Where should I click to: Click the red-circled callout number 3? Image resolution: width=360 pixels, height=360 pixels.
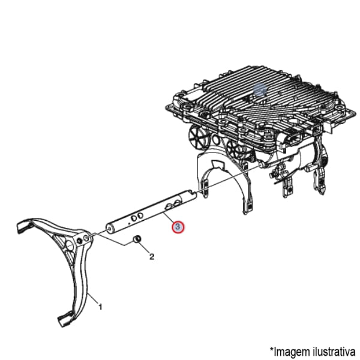178,227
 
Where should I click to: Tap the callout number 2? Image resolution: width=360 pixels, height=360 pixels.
152,257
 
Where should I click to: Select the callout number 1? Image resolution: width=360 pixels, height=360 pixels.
100,307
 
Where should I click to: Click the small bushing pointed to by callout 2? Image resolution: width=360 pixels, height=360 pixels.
137,239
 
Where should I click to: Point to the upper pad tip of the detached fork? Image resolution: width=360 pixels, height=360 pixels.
23,226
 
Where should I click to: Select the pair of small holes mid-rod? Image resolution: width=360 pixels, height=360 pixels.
137,216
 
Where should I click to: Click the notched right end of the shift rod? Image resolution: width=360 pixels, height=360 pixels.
192,194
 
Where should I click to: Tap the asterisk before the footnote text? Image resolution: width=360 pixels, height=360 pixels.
272,349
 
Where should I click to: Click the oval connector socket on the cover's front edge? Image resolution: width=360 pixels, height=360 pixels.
293,140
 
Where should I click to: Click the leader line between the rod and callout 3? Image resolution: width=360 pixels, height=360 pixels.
169,218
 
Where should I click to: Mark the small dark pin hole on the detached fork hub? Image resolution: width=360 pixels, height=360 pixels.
79,241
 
